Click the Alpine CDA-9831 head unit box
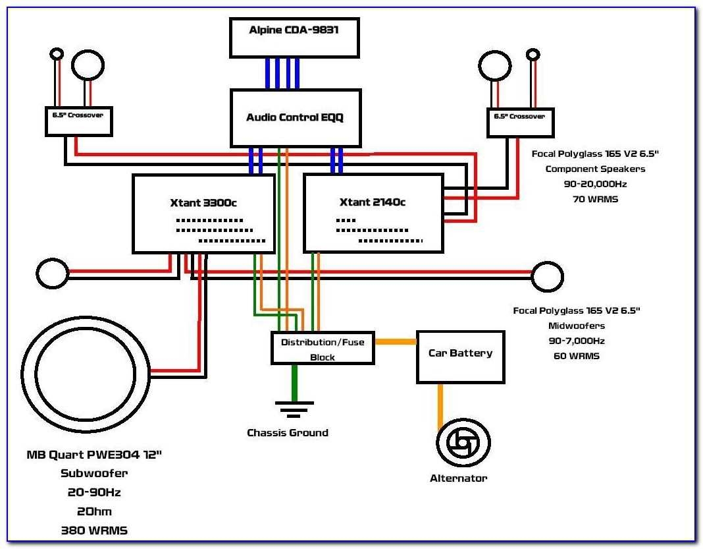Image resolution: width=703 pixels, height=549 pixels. (x=294, y=38)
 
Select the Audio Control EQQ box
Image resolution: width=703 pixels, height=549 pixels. (x=295, y=118)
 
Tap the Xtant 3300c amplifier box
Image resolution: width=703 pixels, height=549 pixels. (x=203, y=213)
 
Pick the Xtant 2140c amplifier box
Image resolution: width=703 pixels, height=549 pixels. (x=373, y=213)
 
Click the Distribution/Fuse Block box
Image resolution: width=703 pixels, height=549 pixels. (x=323, y=348)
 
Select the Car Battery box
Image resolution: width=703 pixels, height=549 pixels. (x=460, y=357)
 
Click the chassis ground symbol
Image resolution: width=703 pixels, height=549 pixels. (x=294, y=409)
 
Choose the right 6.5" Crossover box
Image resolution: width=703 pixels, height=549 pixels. (x=520, y=123)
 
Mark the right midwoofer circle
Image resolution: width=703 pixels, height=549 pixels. (x=548, y=277)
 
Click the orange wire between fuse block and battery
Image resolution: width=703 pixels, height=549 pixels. (x=395, y=341)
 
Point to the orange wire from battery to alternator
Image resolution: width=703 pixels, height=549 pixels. (x=440, y=402)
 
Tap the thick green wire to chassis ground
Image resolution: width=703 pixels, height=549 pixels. (x=294, y=382)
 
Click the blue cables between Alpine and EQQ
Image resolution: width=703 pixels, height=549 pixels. (x=282, y=73)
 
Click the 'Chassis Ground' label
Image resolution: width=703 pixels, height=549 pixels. (x=288, y=433)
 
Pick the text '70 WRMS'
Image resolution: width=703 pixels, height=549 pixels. (x=595, y=198)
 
